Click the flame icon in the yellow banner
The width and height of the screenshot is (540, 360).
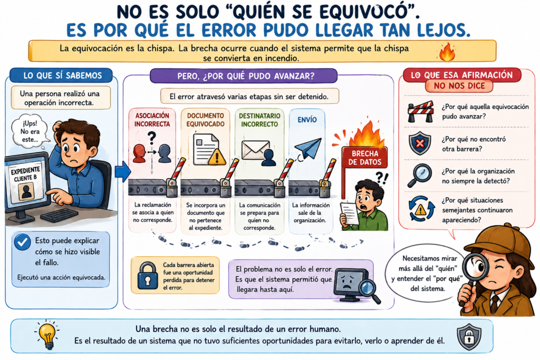pos(447,52)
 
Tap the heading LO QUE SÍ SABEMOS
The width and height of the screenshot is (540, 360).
pos(63,76)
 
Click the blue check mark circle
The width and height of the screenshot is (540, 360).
pos(22,242)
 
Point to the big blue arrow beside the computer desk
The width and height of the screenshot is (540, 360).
pos(122,171)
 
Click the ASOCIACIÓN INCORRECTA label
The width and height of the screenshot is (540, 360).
pos(152,120)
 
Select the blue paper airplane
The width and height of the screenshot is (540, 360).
pos(308,148)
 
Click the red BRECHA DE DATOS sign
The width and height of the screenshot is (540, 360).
pos(364,158)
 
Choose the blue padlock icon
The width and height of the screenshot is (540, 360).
pos(148,276)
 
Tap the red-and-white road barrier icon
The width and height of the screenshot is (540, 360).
pos(420,112)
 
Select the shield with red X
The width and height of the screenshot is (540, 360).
pos(420,143)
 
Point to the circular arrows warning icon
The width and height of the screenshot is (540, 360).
pos(421,209)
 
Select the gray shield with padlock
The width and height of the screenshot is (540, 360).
pos(469,337)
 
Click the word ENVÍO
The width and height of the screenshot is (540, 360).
pos(307,120)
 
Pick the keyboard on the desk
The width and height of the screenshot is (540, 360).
pos(59,215)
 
